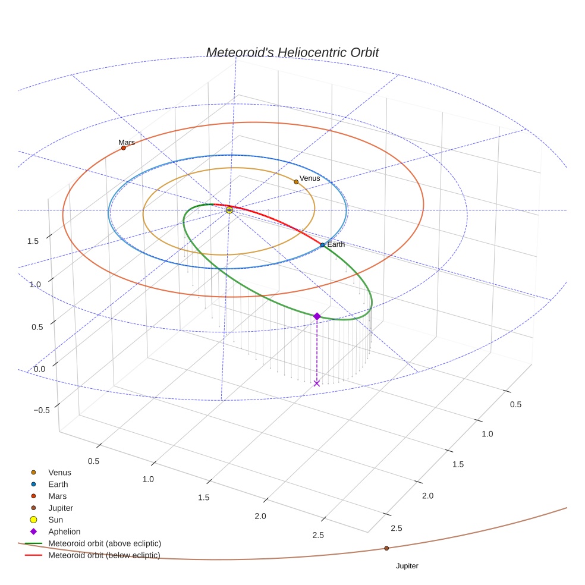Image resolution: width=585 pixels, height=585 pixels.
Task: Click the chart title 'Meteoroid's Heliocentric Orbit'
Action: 292,52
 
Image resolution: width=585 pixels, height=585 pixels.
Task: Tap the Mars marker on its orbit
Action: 124,148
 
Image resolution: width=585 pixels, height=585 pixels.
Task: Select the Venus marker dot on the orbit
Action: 296,182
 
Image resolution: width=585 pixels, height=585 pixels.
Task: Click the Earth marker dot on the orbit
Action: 322,245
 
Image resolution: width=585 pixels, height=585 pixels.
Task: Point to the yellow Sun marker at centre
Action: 229,210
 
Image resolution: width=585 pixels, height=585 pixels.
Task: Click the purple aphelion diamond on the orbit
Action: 317,316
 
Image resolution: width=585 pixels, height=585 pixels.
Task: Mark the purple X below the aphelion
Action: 317,383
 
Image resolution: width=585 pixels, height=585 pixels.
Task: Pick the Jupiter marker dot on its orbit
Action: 386,548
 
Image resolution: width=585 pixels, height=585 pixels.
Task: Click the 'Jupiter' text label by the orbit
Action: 407,566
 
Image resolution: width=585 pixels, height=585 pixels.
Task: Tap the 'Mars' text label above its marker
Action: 127,142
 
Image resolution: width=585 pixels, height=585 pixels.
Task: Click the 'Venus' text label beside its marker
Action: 310,178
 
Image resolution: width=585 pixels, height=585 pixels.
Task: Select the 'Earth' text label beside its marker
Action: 336,244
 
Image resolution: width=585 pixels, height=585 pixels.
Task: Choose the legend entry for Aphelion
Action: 64,531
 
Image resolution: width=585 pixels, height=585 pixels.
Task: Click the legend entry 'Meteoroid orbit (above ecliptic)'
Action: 105,543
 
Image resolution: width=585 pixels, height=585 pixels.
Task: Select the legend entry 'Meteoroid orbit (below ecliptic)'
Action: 104,555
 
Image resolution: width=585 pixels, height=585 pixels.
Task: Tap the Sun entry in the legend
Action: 55,520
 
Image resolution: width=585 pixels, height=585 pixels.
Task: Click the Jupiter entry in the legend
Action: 60,508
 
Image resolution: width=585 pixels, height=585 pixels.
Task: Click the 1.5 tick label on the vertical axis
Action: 33,241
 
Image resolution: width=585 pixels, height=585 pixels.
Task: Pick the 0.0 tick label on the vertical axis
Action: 40,369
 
